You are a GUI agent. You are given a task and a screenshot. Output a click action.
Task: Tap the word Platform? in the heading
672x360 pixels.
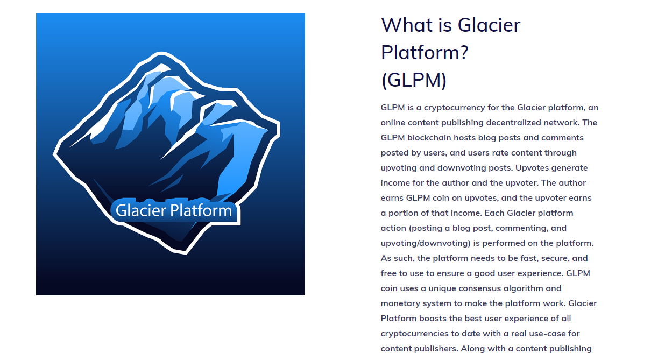tap(425, 53)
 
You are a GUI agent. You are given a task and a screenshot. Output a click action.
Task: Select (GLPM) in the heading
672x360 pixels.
tap(414, 80)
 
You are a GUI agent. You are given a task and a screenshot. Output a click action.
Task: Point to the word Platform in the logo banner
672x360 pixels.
tap(201, 210)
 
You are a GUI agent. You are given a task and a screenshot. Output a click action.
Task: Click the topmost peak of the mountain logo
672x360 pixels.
tap(162, 53)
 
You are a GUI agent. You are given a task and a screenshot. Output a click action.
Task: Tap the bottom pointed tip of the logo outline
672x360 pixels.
tap(186, 254)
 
